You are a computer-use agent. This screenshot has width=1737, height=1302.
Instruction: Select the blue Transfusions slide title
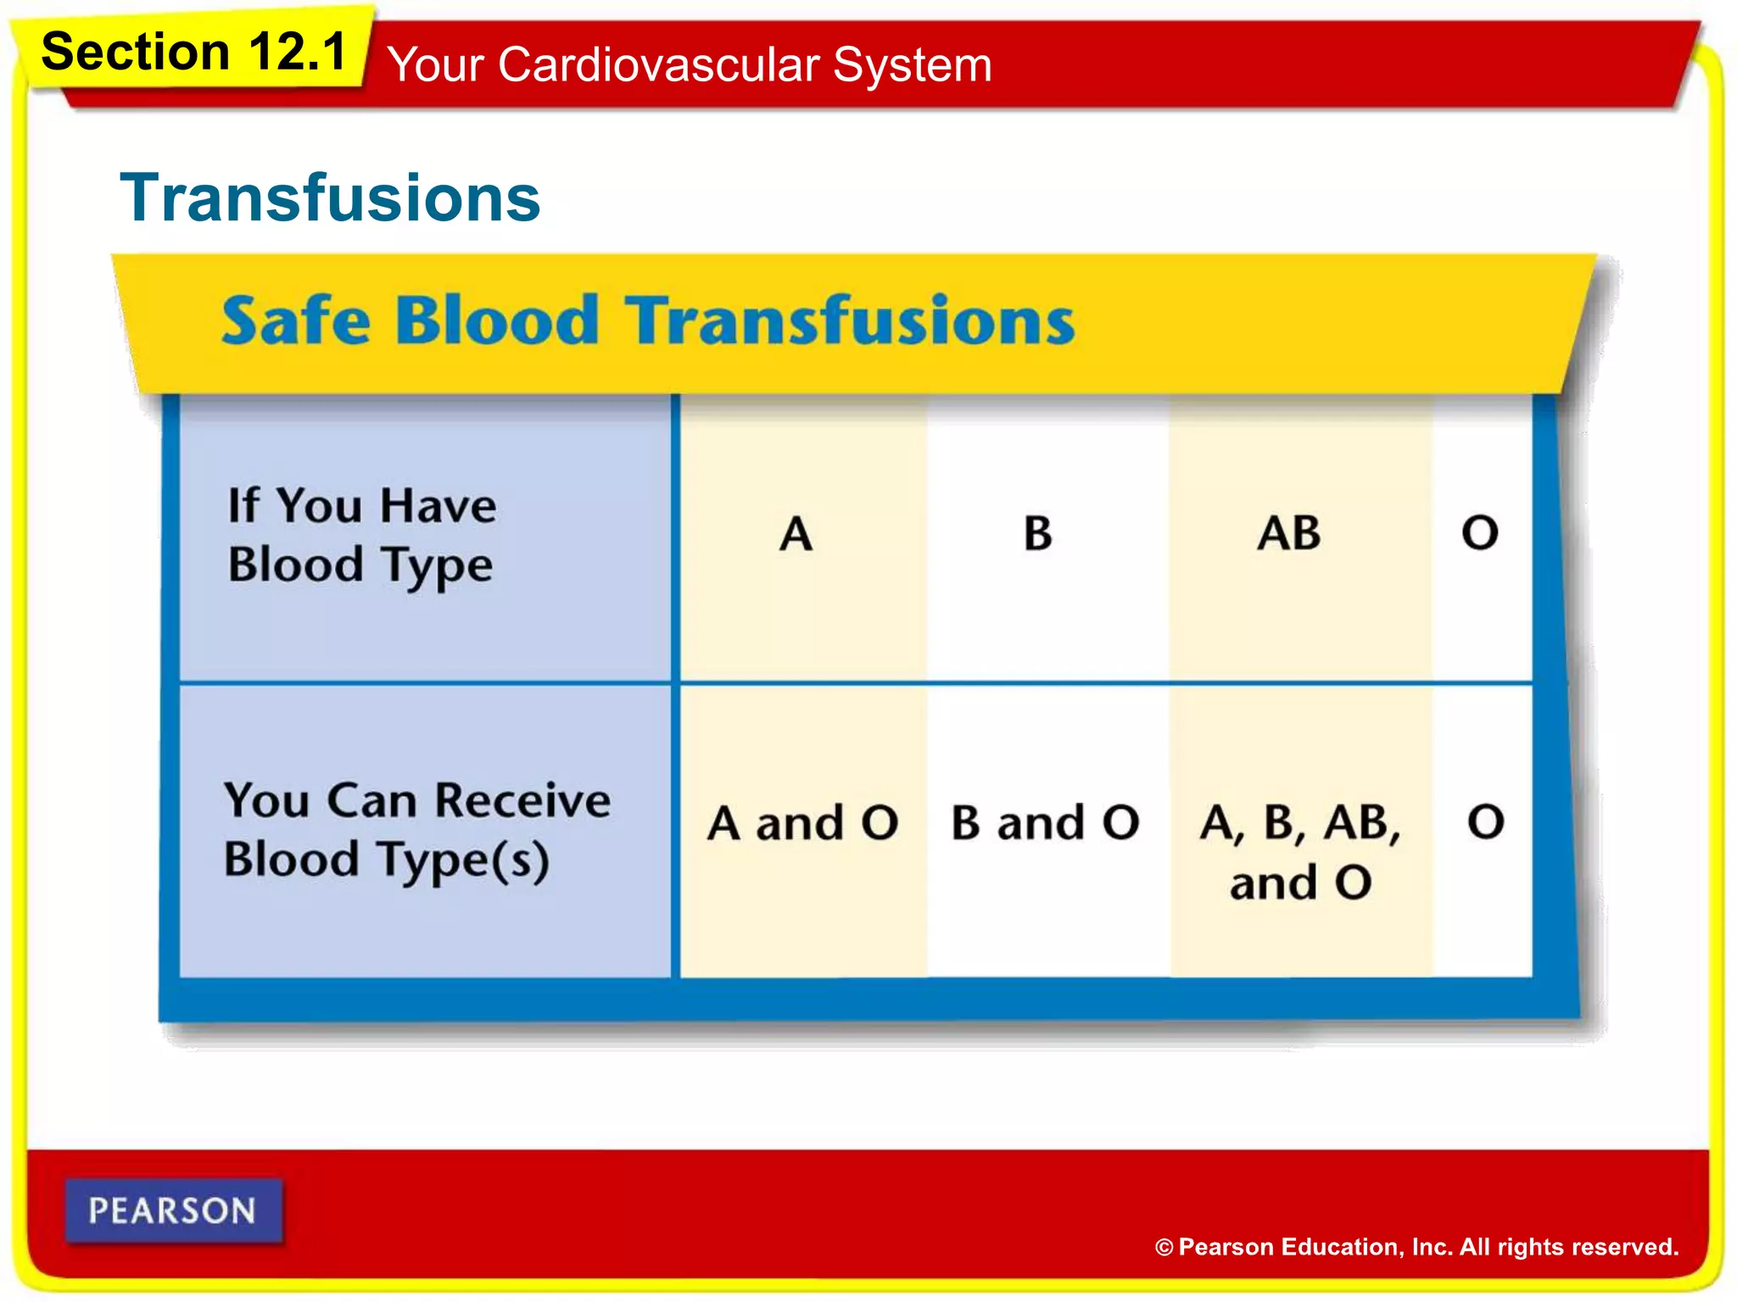(x=330, y=198)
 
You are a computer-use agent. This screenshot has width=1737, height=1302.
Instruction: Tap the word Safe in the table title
(x=296, y=321)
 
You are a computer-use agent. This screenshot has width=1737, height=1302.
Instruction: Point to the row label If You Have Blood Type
(x=361, y=535)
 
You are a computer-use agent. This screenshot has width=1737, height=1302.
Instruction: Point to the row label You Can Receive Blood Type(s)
(x=416, y=830)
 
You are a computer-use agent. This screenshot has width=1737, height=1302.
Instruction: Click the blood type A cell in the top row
(x=796, y=534)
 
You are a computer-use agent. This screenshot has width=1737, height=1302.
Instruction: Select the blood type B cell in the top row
(x=1037, y=534)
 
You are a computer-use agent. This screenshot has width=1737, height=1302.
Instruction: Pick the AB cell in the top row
(x=1288, y=534)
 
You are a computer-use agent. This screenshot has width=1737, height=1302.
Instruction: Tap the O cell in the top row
(x=1480, y=533)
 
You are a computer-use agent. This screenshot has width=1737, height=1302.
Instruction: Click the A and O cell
(x=802, y=823)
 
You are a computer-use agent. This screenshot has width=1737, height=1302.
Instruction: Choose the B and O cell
(x=1045, y=823)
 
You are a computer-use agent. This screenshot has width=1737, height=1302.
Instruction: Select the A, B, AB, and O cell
(x=1300, y=851)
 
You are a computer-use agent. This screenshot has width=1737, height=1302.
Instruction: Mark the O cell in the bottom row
(x=1486, y=822)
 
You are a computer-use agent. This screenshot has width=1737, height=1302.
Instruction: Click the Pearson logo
(x=173, y=1210)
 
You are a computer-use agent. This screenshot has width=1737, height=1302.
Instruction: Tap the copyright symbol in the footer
(x=1164, y=1248)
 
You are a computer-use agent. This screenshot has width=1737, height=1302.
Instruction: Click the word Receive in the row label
(x=523, y=801)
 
